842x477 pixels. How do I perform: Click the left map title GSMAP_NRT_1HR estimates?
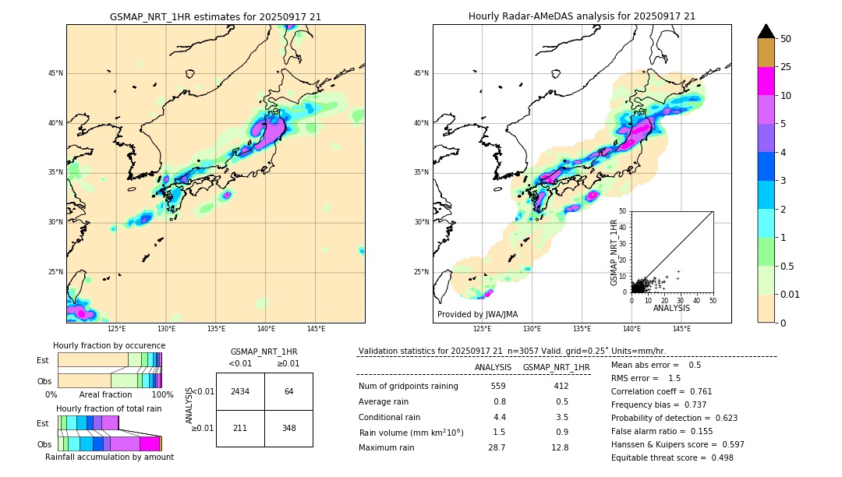215,16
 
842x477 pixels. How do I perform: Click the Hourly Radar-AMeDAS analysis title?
582,16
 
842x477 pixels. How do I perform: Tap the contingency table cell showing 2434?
240,391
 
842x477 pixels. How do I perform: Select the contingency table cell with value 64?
288,391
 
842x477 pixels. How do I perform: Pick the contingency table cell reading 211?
240,428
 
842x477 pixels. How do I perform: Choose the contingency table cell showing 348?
288,428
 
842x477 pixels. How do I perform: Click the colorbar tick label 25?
787,67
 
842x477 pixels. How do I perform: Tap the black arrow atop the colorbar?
766,31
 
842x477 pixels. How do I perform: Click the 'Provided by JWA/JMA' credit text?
477,315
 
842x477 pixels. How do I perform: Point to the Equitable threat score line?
672,458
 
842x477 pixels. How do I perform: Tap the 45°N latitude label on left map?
55,73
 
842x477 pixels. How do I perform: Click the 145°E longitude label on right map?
681,329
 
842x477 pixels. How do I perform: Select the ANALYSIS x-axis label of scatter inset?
672,308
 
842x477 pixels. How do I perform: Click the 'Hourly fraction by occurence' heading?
109,345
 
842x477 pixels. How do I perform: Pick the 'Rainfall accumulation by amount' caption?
109,457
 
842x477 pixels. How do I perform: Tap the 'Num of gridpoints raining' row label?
408,386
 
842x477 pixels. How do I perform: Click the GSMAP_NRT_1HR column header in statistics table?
556,367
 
